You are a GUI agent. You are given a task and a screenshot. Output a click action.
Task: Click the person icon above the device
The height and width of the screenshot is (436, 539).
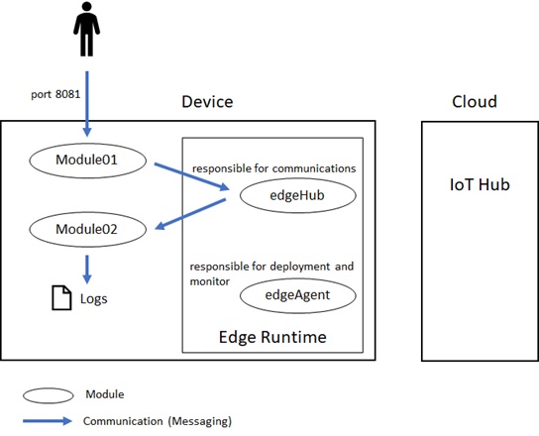click(x=86, y=29)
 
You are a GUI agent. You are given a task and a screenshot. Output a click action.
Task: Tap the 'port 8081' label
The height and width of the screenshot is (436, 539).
click(x=55, y=94)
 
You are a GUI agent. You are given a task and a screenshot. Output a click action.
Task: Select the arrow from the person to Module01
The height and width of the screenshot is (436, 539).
click(x=87, y=104)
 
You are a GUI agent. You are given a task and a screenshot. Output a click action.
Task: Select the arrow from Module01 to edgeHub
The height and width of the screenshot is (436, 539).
click(x=192, y=176)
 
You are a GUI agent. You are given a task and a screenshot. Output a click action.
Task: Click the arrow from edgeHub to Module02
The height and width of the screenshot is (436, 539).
click(x=190, y=214)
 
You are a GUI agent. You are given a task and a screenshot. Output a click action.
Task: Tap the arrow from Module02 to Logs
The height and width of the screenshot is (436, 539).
click(x=87, y=270)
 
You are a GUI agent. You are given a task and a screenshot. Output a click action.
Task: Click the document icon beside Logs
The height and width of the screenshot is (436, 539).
click(x=61, y=298)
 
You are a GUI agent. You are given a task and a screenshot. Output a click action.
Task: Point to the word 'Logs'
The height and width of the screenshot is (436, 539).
click(x=94, y=299)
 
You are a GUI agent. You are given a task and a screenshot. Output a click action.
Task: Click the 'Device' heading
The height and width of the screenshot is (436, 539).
click(x=207, y=102)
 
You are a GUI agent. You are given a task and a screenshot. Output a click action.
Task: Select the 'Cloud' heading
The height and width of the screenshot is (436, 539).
click(x=475, y=102)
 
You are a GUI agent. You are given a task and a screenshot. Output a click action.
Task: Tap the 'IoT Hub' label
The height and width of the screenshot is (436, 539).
click(x=480, y=184)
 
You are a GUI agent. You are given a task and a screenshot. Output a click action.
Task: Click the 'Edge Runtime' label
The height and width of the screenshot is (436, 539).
click(x=272, y=337)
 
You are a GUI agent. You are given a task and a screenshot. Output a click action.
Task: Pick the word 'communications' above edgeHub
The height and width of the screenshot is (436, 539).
click(x=314, y=168)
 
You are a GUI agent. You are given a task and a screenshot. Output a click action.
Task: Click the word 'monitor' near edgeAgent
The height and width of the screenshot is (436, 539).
click(x=210, y=281)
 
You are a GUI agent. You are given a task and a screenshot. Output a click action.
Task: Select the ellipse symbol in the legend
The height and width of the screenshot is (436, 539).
click(x=49, y=395)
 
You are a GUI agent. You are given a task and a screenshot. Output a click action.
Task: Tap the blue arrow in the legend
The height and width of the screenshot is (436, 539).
click(x=48, y=421)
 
